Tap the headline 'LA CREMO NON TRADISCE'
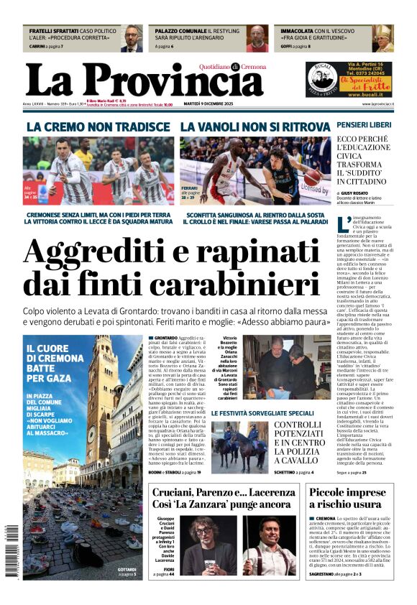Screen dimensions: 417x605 point(98,127)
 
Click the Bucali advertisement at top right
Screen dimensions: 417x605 point(349,80)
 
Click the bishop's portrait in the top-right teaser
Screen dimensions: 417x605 point(384,39)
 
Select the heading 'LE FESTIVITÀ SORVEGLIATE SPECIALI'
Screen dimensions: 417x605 point(262,413)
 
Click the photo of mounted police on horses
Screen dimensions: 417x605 point(239,445)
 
